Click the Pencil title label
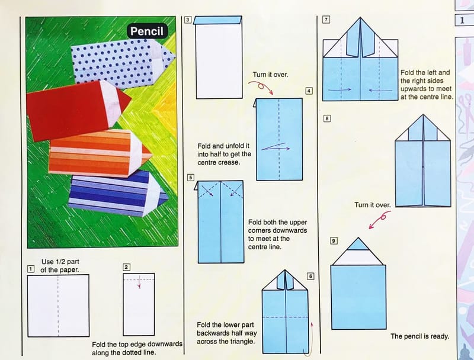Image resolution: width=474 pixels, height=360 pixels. [147, 31]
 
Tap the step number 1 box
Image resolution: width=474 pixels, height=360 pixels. [31, 269]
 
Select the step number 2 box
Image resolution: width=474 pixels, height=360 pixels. [127, 267]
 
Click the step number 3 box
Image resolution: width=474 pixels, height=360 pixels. [188, 20]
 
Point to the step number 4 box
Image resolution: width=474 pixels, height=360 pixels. [309, 91]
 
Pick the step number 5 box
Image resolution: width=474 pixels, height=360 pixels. [190, 177]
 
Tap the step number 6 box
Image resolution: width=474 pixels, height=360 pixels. [310, 276]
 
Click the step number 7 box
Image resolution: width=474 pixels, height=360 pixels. [326, 20]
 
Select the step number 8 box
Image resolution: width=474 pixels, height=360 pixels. [327, 118]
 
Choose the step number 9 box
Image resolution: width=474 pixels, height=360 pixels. [334, 241]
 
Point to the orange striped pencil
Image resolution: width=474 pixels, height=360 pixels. [100, 153]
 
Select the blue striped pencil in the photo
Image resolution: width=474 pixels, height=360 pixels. [118, 193]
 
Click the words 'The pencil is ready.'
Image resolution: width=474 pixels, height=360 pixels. [419, 336]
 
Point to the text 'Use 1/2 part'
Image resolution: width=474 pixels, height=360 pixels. [60, 262]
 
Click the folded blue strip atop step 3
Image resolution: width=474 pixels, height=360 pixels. [217, 20]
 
